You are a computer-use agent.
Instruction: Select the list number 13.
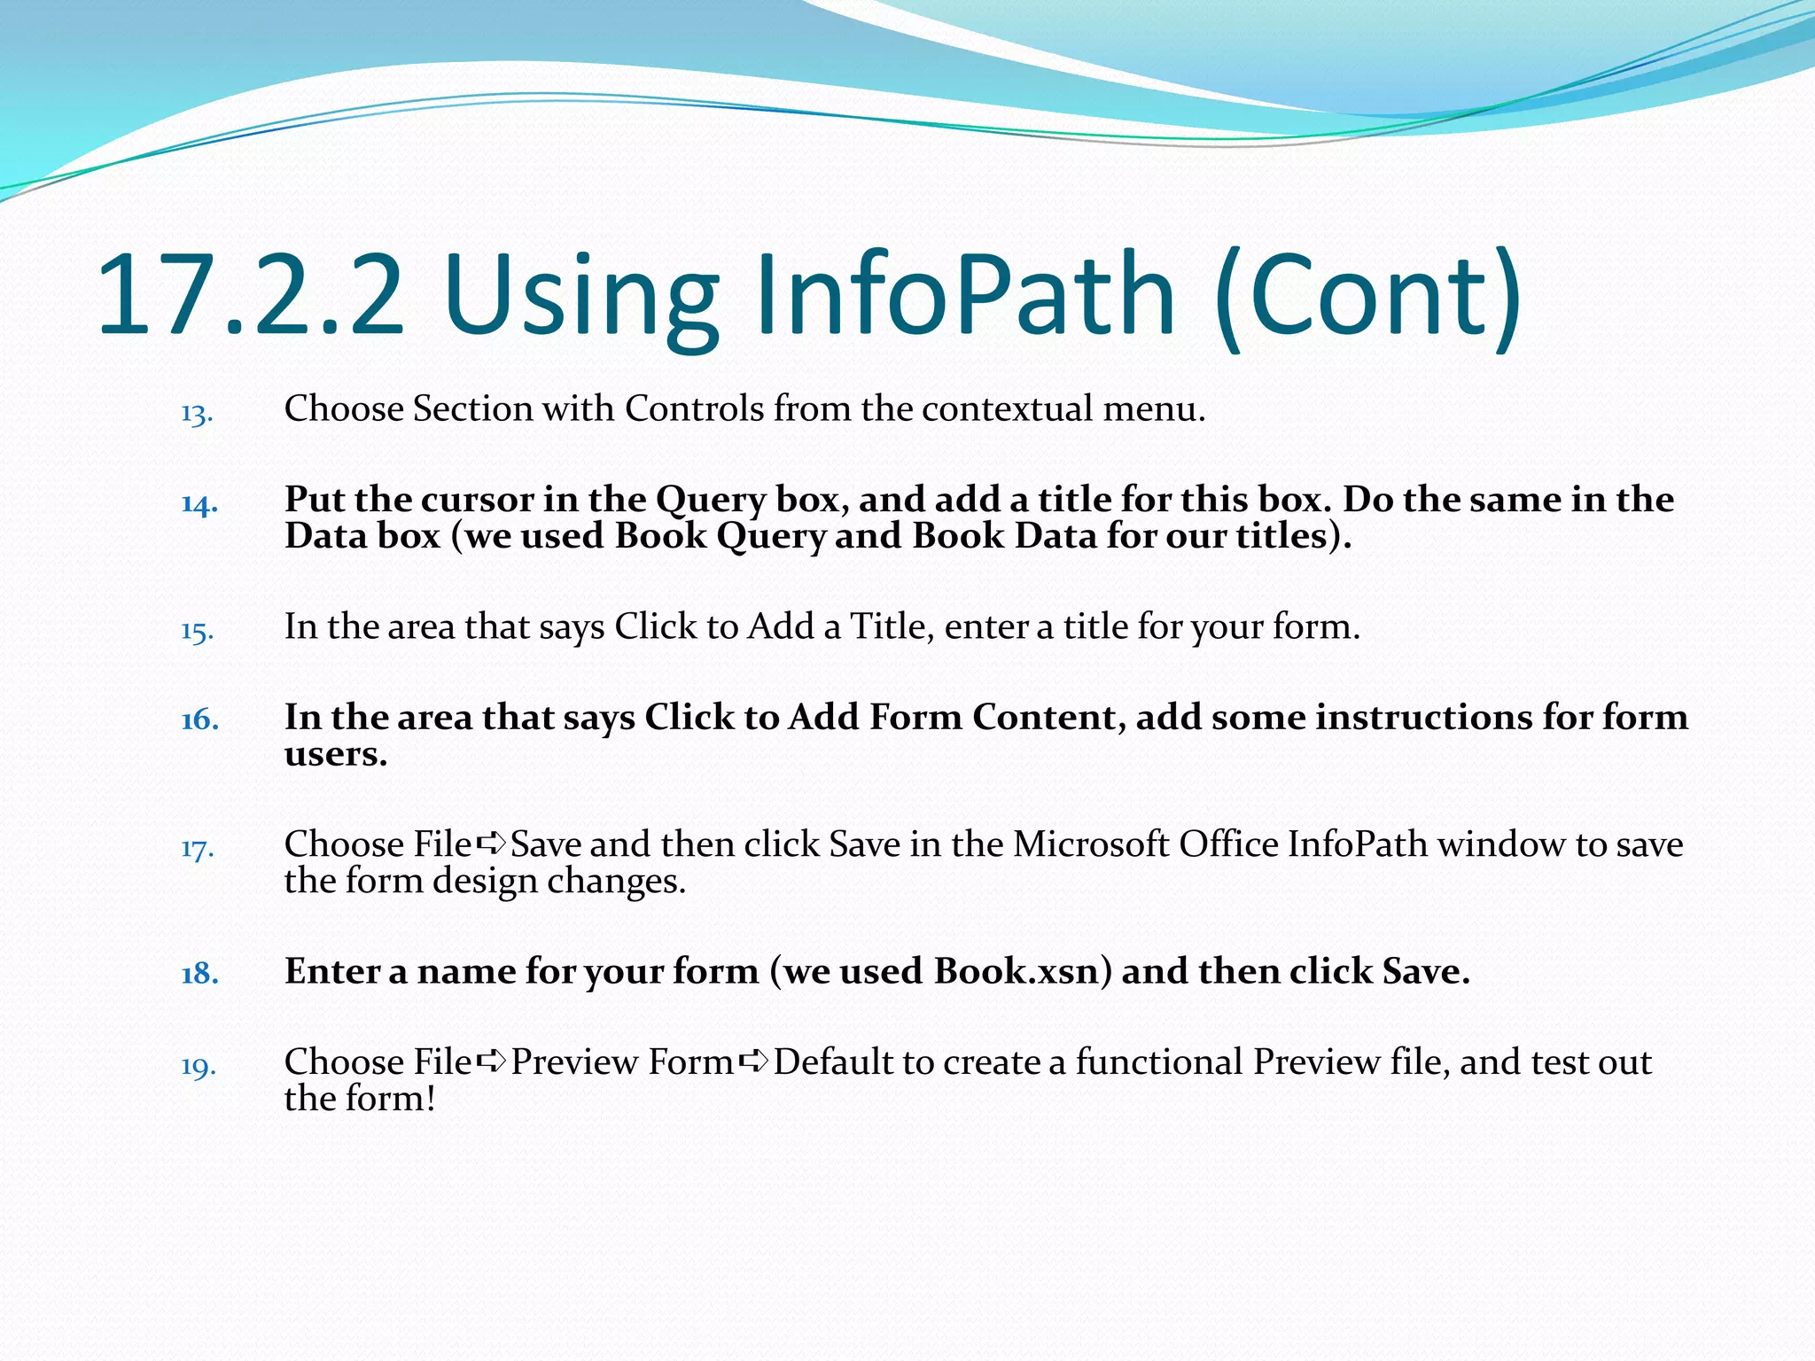pyautogui.click(x=197, y=414)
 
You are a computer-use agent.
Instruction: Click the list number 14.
pyautogui.click(x=199, y=504)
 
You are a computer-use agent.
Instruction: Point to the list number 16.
pyautogui.click(x=199, y=720)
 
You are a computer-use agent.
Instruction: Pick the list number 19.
pyautogui.click(x=199, y=1066)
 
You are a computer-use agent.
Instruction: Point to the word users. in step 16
pyautogui.click(x=335, y=754)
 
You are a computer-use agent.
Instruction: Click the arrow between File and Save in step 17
pyautogui.click(x=491, y=844)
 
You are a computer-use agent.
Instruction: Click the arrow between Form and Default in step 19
pyautogui.click(x=753, y=1062)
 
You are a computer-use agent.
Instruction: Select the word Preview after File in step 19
pyautogui.click(x=575, y=1062)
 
